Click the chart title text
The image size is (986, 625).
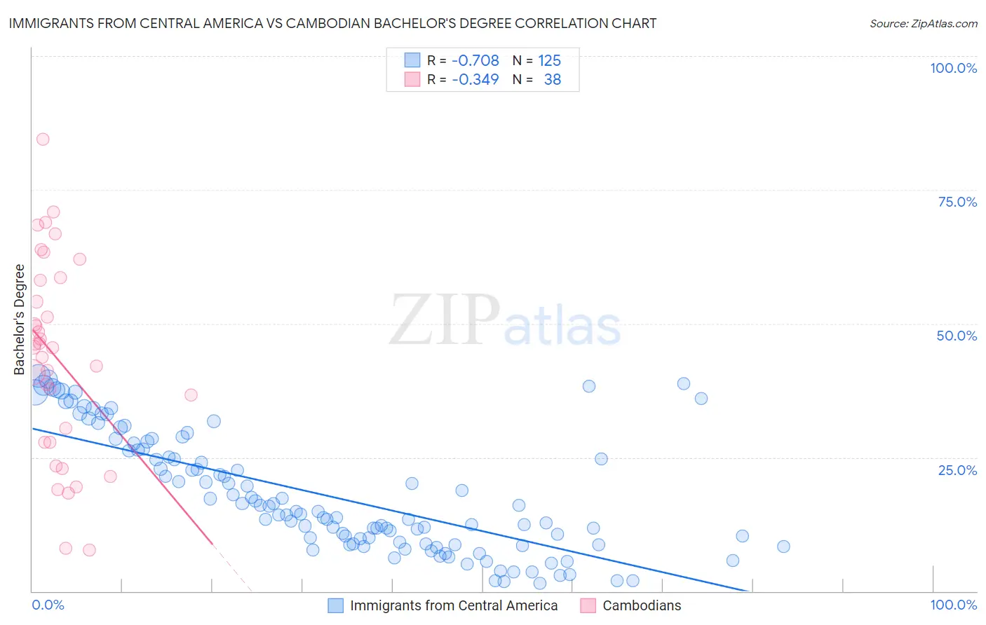click(x=332, y=23)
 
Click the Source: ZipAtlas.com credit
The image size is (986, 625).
click(x=923, y=24)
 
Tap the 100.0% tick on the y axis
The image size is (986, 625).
click(x=953, y=68)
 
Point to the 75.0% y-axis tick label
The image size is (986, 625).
click(x=957, y=202)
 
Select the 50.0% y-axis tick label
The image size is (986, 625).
click(x=957, y=336)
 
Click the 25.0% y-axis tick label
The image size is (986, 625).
click(x=957, y=469)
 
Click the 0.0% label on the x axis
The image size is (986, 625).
click(x=48, y=605)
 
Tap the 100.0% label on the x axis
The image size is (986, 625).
click(x=953, y=605)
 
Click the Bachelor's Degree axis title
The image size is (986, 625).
click(x=20, y=320)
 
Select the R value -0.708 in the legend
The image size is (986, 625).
click(x=475, y=60)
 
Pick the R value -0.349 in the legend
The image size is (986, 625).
click(x=475, y=79)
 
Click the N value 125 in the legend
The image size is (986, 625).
click(x=549, y=60)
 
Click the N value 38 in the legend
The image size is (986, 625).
click(x=552, y=79)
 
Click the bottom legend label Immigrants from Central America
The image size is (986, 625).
click(x=454, y=605)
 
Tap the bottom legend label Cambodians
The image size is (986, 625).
click(x=642, y=605)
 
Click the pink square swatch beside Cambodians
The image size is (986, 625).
click(x=588, y=605)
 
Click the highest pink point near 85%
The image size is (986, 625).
click(x=43, y=139)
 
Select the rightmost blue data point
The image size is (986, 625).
click(x=783, y=547)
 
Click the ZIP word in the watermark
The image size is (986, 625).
click(x=444, y=320)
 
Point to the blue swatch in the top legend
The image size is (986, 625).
click(x=412, y=60)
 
